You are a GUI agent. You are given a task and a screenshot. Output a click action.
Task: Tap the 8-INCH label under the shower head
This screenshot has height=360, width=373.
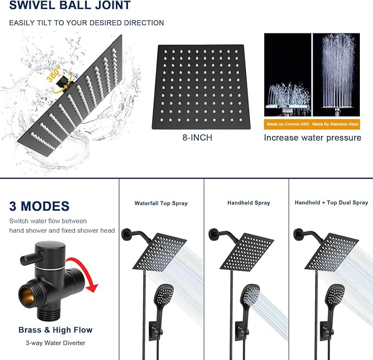pos(196,137)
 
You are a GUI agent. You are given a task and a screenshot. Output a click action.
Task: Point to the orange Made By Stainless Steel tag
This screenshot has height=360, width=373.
pos(336,124)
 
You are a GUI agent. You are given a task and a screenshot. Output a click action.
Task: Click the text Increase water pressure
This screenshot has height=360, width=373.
pos(312,138)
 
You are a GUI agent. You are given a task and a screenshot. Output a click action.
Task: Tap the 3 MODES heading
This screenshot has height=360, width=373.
pos(39,206)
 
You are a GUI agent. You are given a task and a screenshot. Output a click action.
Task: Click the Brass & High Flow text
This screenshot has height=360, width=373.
pos(55,330)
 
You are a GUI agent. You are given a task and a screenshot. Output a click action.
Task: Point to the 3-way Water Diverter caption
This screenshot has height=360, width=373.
pos(55,343)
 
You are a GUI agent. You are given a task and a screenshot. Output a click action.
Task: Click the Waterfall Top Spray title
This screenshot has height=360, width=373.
pos(161,203)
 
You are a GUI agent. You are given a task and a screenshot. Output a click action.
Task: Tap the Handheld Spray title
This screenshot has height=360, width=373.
pos(248,203)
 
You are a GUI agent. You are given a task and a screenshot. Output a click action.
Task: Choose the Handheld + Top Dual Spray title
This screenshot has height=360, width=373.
pos(331,203)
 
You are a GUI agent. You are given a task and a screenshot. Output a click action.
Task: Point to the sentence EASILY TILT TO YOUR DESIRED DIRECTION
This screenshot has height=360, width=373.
pos(86,23)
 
